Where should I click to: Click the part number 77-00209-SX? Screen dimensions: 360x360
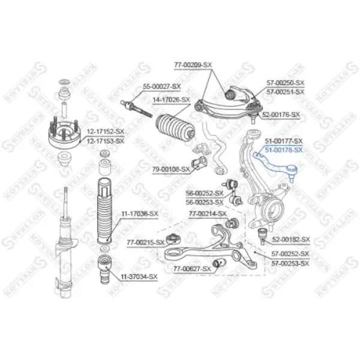pyautogui.click(x=193, y=65)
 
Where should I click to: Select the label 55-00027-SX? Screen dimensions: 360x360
pyautogui.click(x=162, y=86)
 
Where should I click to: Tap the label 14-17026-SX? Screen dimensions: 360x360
pyautogui.click(x=172, y=100)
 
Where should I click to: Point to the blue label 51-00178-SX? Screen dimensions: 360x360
pyautogui.click(x=284, y=150)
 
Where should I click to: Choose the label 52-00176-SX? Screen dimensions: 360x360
pyautogui.click(x=281, y=115)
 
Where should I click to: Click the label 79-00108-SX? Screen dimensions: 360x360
pyautogui.click(x=171, y=169)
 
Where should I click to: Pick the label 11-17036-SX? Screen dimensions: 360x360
pyautogui.click(x=140, y=214)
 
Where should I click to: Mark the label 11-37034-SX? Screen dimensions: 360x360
pyautogui.click(x=139, y=277)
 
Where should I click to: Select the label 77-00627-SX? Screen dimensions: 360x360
pyautogui.click(x=192, y=269)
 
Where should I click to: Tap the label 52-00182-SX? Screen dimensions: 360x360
pyautogui.click(x=291, y=239)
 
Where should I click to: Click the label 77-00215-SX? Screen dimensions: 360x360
pyautogui.click(x=146, y=242)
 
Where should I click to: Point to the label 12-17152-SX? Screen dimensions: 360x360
pyautogui.click(x=106, y=131)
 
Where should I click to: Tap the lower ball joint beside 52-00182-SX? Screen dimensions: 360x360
pyautogui.click(x=262, y=236)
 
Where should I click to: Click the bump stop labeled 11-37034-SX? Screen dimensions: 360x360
pyautogui.click(x=104, y=267)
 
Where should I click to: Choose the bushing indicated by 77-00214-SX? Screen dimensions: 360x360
pyautogui.click(x=232, y=223)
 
